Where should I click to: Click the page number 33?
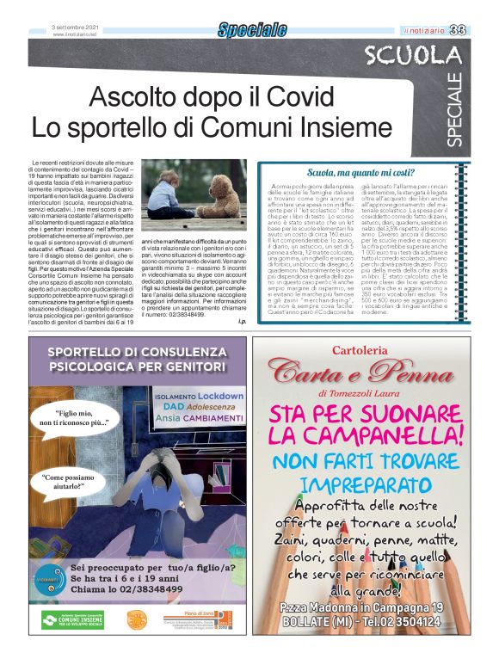[x=478, y=31]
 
